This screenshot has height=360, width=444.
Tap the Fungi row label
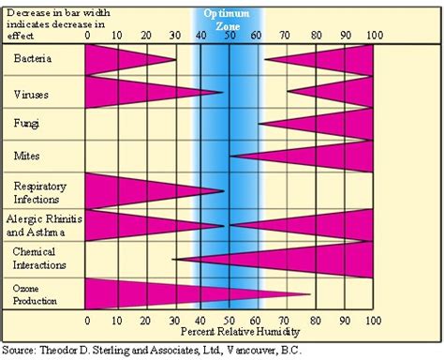point(28,124)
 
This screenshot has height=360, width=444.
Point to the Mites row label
point(28,155)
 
